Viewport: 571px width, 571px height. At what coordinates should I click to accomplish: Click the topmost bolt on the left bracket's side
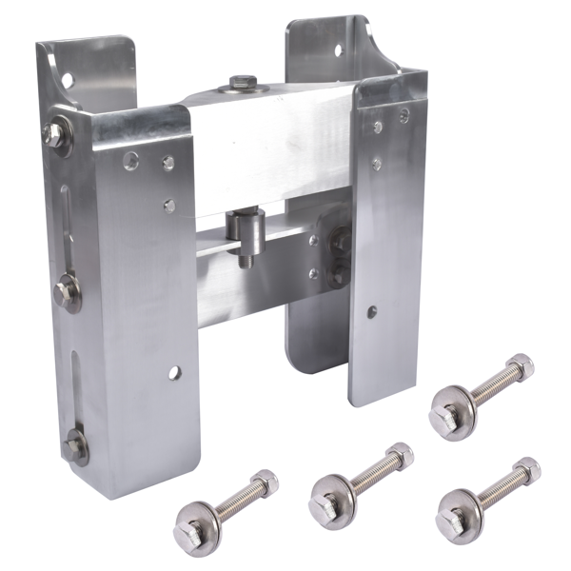(x=54, y=134)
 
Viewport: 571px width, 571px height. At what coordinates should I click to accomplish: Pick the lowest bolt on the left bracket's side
(x=75, y=445)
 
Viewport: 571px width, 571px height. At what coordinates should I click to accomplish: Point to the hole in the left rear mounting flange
(x=69, y=77)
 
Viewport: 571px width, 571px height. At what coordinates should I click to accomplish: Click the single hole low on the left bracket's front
(x=174, y=372)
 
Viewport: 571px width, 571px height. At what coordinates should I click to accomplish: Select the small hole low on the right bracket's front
(x=372, y=310)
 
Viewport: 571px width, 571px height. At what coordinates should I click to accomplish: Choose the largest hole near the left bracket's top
(x=130, y=160)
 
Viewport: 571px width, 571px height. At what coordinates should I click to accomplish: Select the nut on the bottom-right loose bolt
(x=526, y=469)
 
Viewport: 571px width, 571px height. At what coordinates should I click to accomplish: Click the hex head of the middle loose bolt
(x=324, y=496)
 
